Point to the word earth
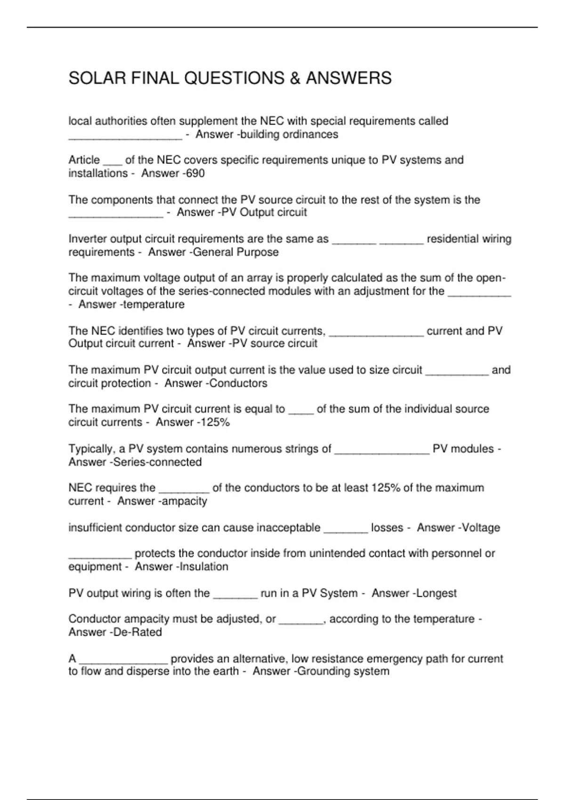[x=224, y=671]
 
